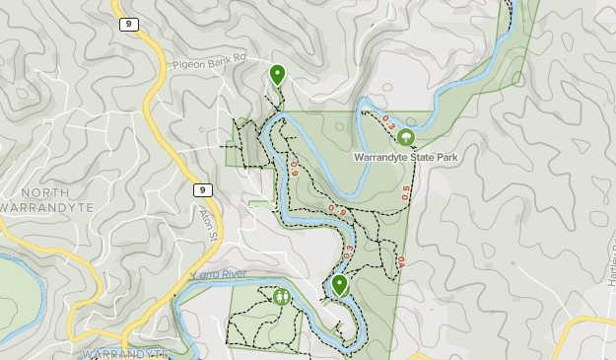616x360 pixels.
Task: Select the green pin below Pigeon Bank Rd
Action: coord(277,74)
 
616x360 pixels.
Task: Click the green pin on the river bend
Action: coord(339,285)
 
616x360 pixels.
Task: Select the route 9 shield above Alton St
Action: coord(201,189)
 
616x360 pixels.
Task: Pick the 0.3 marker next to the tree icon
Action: coord(388,125)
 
